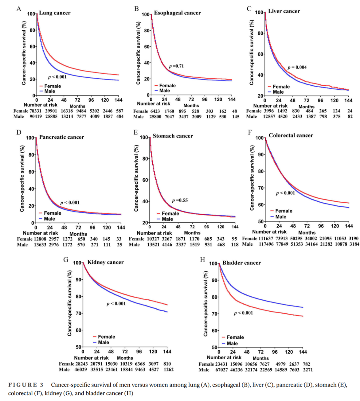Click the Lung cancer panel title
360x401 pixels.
[55, 13]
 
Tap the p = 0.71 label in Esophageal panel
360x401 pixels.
[176, 66]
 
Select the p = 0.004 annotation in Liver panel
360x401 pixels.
[297, 67]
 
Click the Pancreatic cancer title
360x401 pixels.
[62, 137]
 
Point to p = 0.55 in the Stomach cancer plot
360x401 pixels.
[180, 200]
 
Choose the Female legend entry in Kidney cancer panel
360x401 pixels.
[104, 337]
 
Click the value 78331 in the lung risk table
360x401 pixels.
[35, 111]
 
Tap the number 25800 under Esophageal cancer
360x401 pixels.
[155, 117]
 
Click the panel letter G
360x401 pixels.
[66, 260]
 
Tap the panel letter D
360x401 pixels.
[19, 132]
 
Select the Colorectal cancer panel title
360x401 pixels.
[291, 135]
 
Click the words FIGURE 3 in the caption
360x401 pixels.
[26, 385]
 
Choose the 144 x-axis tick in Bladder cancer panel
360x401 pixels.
[303, 352]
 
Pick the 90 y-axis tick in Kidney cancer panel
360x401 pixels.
[78, 280]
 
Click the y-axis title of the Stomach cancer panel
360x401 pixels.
[136, 178]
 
